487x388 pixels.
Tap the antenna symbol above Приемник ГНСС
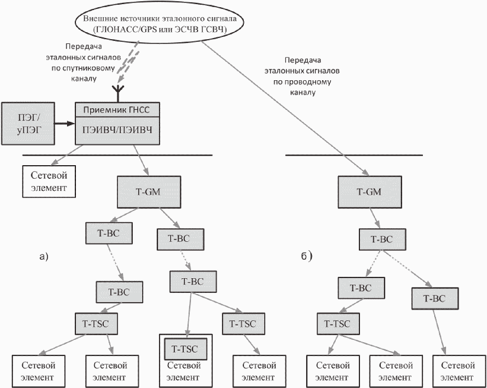pos(117,93)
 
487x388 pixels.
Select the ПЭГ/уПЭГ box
pos(28,124)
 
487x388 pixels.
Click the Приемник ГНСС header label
pos(116,109)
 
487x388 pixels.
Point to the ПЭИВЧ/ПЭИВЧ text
pos(117,130)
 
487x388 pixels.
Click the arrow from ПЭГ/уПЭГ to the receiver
pos(65,124)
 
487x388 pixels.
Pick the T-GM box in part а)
pos(149,192)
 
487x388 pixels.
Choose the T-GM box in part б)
pos(370,192)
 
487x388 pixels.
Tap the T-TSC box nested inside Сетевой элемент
pos(185,349)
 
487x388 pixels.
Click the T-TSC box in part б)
pos(338,324)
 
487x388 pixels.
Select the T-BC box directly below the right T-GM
pos(382,239)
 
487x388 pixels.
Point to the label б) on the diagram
pos(306,256)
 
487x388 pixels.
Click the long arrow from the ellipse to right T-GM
pos(286,108)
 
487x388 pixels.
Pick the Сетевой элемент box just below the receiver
pos(49,181)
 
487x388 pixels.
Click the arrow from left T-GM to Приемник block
pos(141,160)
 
